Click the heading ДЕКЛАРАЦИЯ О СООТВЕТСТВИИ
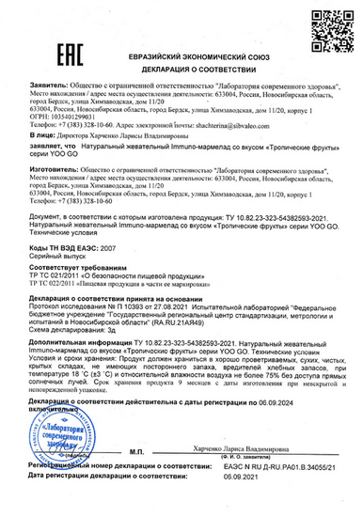tap(182, 69)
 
